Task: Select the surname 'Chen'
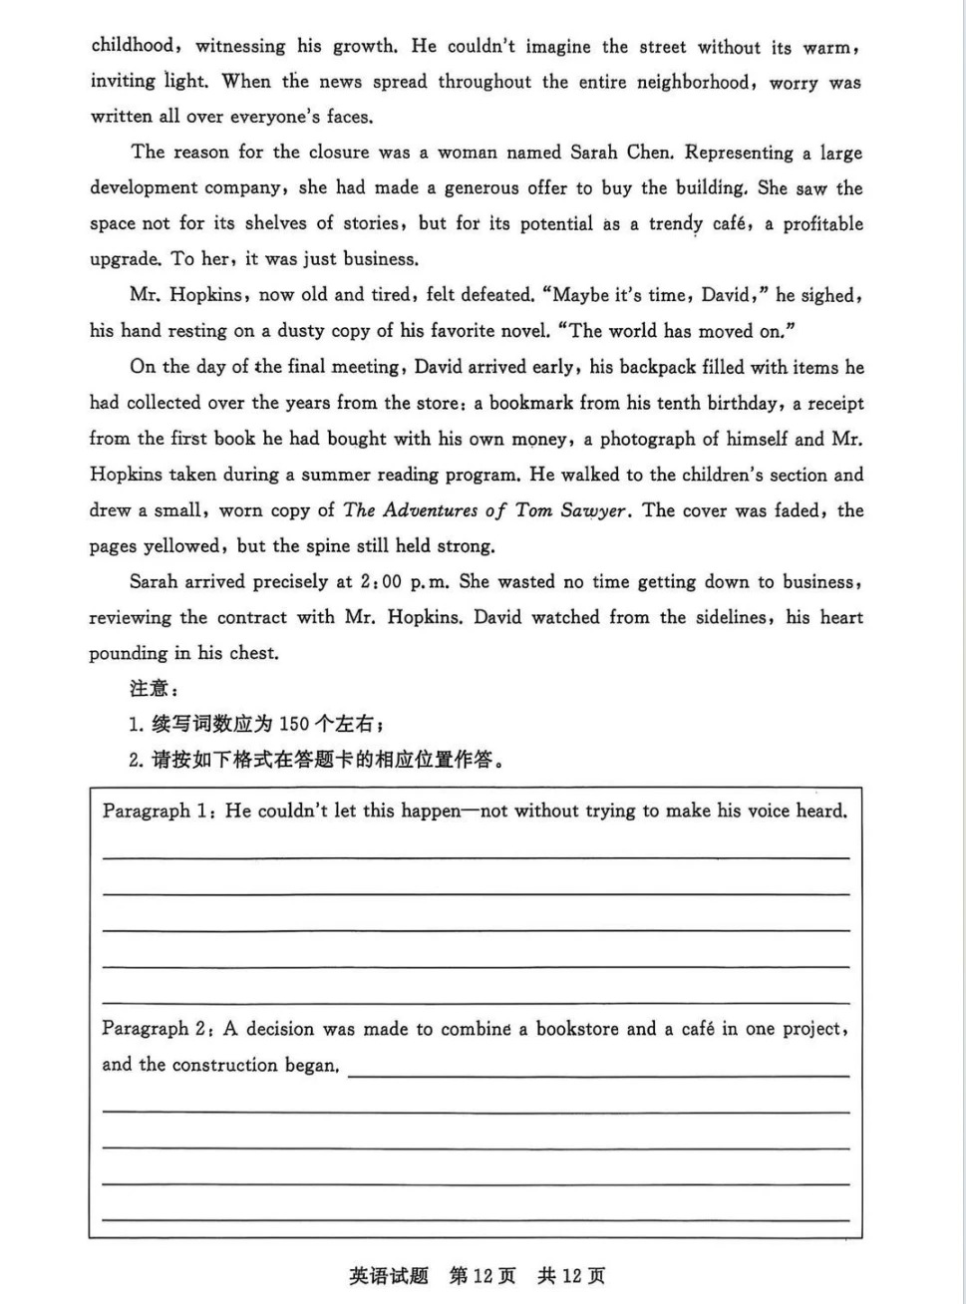650,153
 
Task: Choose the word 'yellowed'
182,546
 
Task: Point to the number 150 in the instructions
294,724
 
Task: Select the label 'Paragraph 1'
155,812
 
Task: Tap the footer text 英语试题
389,1276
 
